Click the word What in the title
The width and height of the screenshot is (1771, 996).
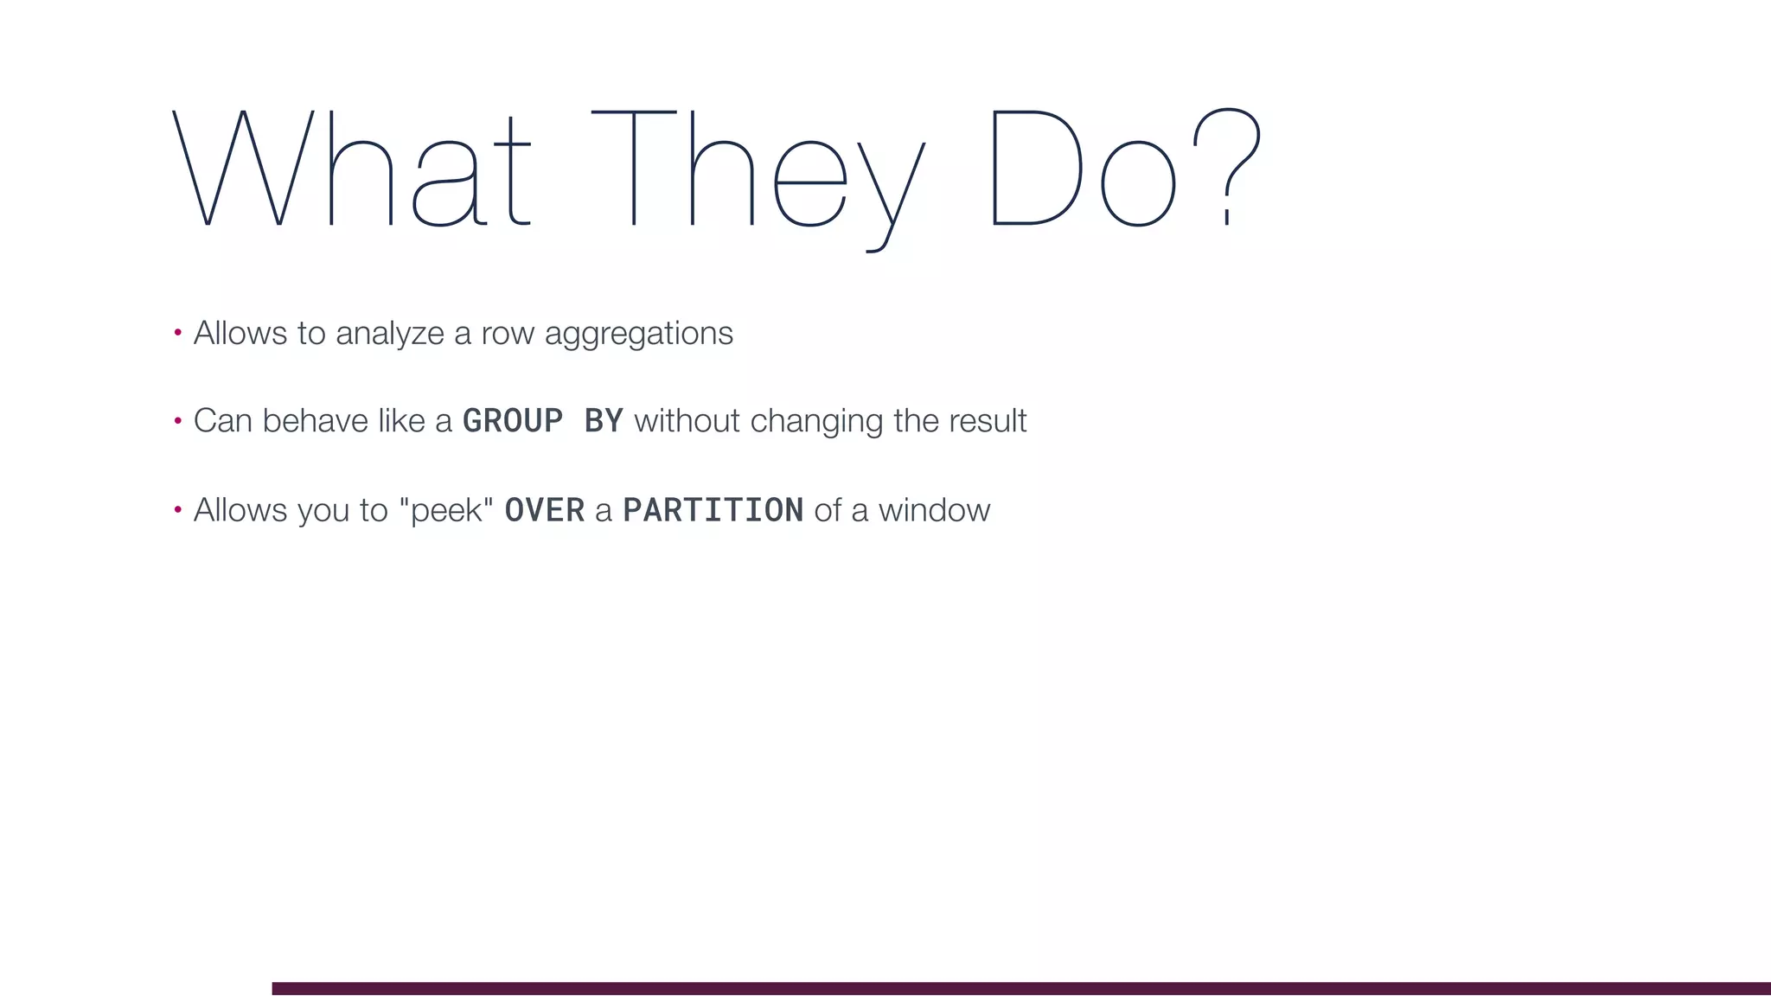pos(351,169)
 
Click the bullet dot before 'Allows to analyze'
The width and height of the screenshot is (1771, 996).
pos(177,332)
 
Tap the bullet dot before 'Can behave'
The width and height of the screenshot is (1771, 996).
pos(177,421)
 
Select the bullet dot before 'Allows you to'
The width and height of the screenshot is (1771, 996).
pos(177,510)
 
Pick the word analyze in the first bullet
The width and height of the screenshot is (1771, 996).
pos(389,334)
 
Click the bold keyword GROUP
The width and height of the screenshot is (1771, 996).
pos(513,421)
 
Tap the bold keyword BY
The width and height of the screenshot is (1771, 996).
pos(604,421)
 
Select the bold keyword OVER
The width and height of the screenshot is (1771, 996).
pos(545,510)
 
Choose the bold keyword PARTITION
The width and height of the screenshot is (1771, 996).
pos(713,510)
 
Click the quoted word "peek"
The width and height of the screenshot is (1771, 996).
pos(446,510)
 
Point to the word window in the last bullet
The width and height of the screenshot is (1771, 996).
pos(934,510)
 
